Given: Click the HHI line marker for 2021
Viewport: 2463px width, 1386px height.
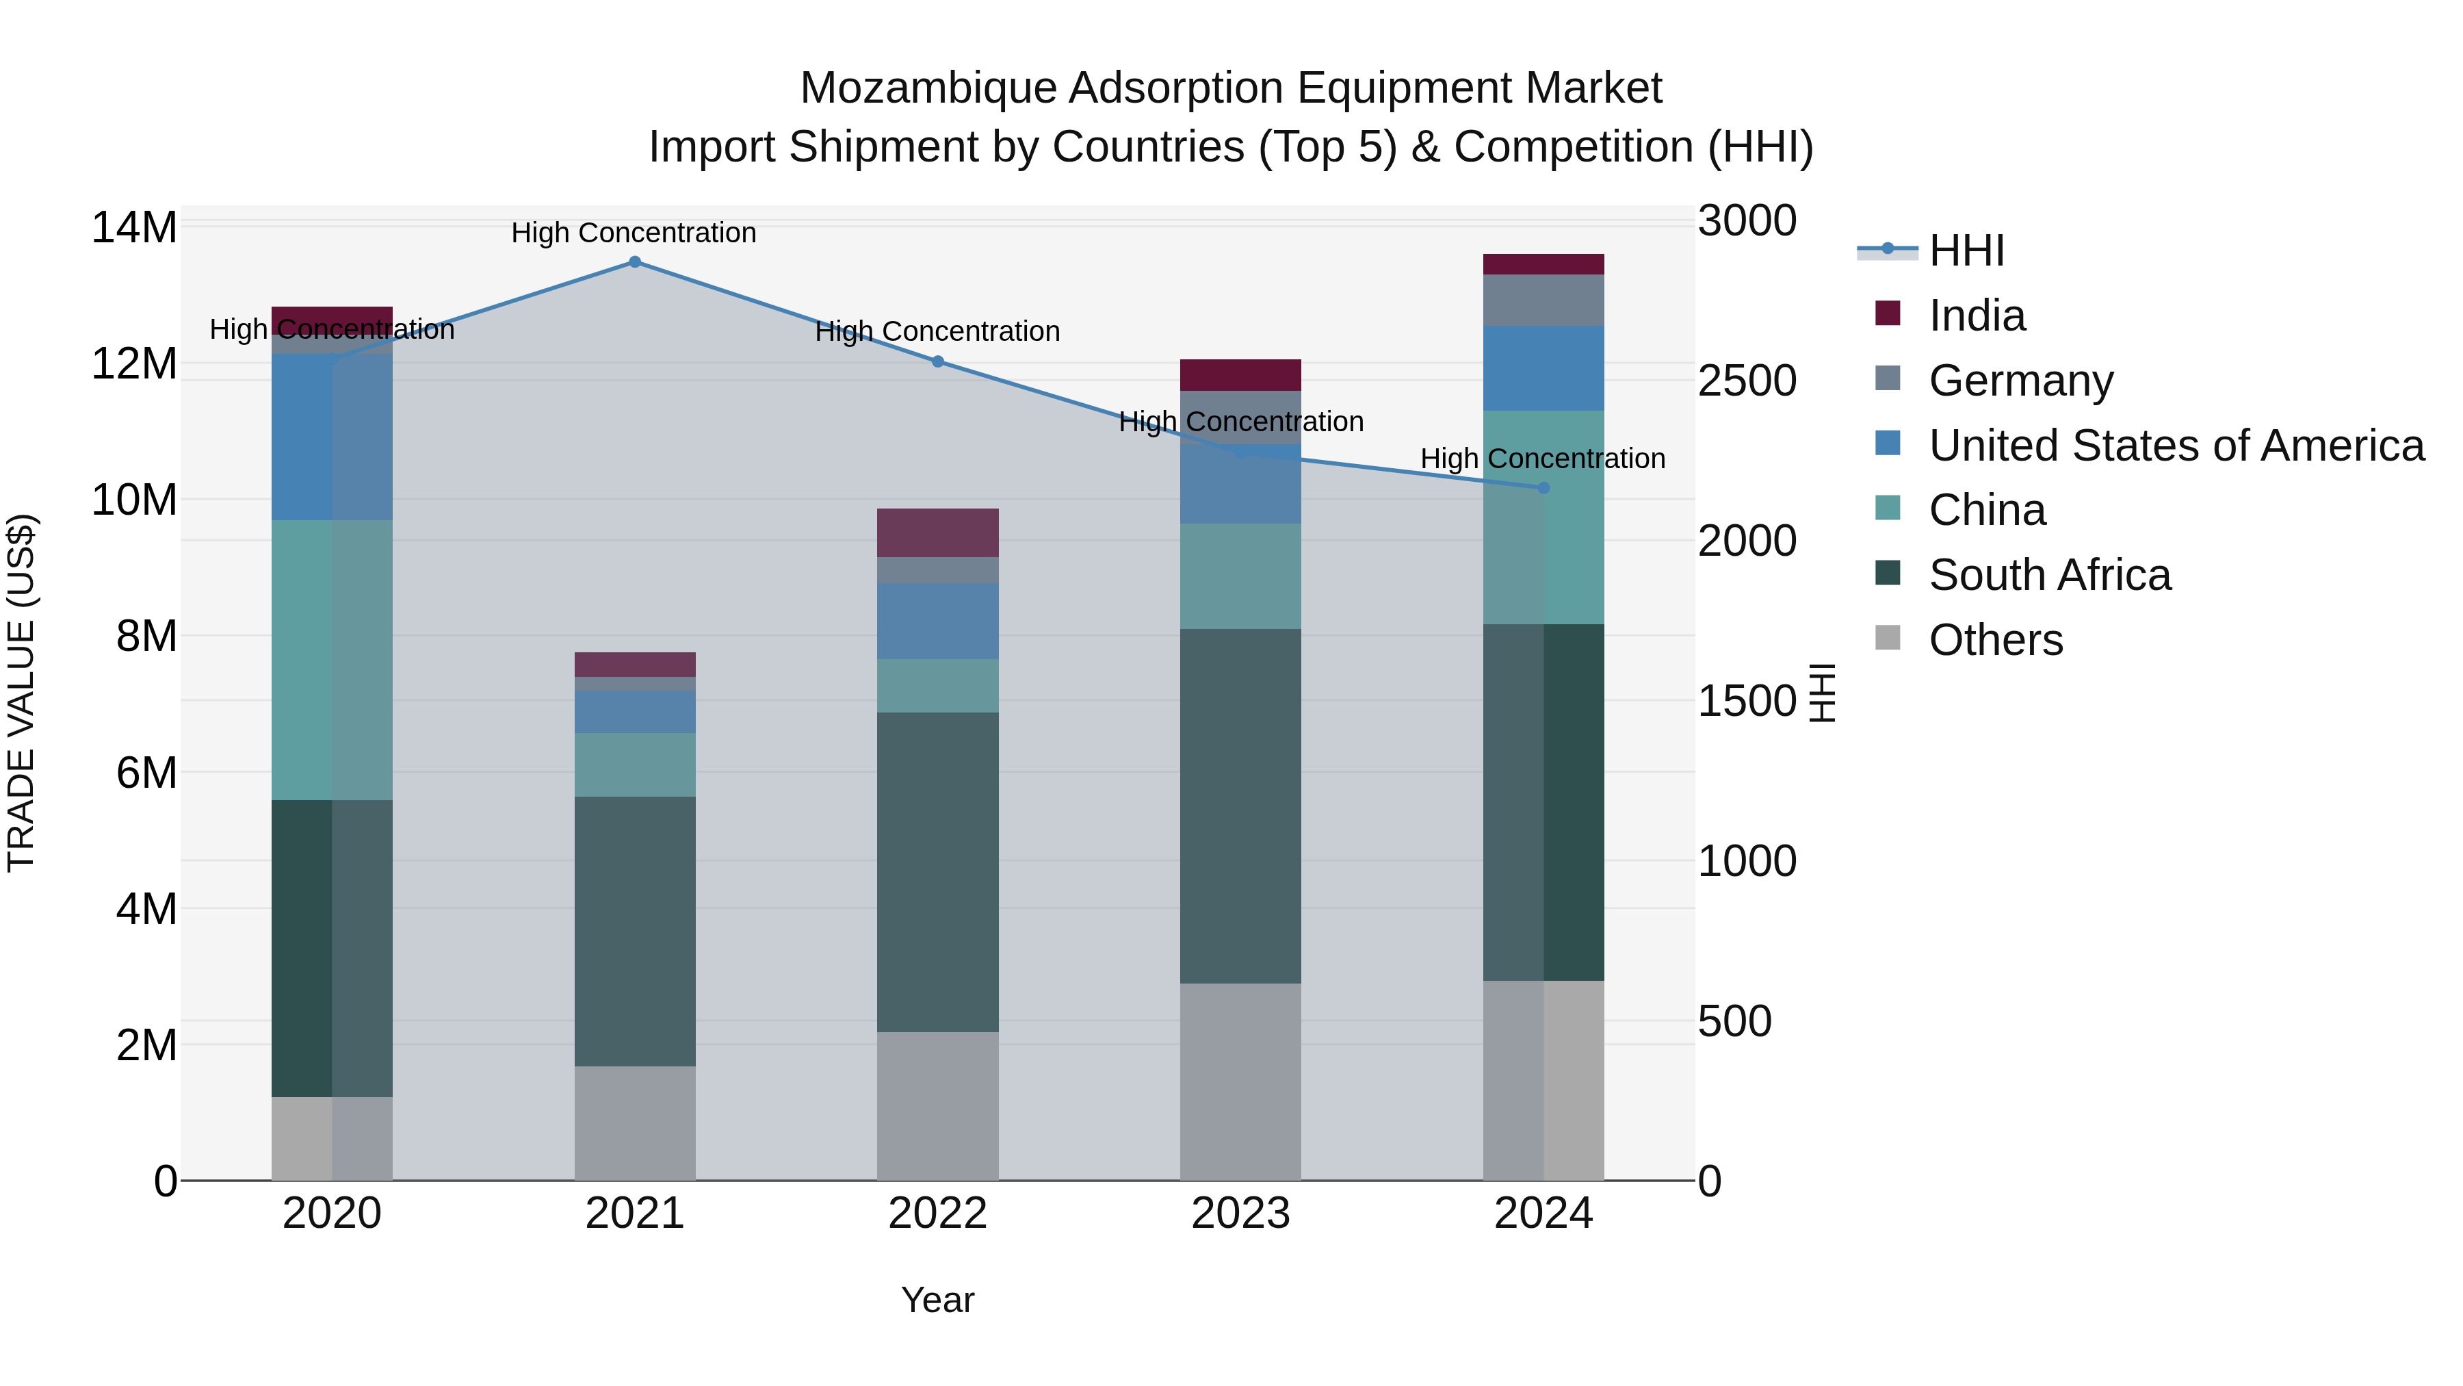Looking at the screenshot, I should coord(634,262).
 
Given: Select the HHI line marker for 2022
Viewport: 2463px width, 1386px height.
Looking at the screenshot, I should coord(937,361).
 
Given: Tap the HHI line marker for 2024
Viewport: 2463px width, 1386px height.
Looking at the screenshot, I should coord(1543,488).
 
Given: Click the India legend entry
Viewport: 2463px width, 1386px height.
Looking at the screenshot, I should coord(1977,316).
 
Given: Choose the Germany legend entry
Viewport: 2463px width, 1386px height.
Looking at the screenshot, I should coord(2020,381).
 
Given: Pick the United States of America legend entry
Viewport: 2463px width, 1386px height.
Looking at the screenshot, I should coord(2175,446).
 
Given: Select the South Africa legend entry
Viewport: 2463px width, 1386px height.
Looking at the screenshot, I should coord(2049,575).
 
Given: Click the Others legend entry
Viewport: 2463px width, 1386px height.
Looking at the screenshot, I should coord(1996,640).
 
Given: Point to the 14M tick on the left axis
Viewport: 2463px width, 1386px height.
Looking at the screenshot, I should coord(134,228).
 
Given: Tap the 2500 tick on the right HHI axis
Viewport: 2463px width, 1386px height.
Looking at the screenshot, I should coord(1747,381).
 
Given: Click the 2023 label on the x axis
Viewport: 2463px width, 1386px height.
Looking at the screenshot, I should coord(1240,1214).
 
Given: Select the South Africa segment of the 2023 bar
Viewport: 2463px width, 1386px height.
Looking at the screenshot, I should coord(1240,806).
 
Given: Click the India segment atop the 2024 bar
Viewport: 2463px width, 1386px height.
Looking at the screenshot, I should coord(1543,264).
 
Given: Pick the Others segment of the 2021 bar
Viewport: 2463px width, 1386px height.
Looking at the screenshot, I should coord(634,1123).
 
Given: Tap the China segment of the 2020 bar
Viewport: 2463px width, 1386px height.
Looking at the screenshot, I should coord(331,660).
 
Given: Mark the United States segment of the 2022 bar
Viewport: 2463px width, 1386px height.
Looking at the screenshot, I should coord(937,621).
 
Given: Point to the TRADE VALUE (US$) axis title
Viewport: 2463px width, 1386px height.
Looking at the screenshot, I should coord(21,693).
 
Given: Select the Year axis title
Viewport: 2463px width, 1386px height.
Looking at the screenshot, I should coord(937,1300).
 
